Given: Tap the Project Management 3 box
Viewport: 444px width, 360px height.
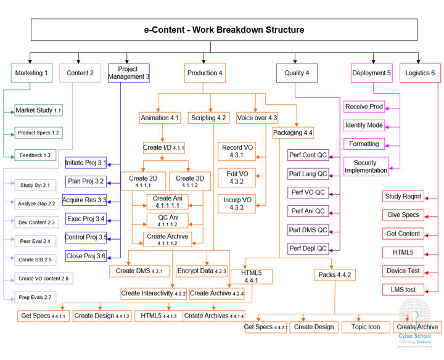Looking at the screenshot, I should click(x=129, y=73).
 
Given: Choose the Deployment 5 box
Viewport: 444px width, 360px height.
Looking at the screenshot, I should click(x=371, y=73).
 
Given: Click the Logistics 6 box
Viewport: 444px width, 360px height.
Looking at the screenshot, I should click(x=420, y=73).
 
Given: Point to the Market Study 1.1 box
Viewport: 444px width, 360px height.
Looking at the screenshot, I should click(x=38, y=110).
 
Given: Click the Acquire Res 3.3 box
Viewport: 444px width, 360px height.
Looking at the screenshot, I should click(x=85, y=200).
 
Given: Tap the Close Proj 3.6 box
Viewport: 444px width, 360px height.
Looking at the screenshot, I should click(x=86, y=256).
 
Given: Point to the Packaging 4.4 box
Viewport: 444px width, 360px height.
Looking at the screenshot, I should click(x=293, y=133).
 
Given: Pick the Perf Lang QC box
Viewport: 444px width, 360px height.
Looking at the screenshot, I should click(x=308, y=174).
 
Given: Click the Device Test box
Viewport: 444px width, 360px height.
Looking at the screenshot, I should click(x=403, y=271).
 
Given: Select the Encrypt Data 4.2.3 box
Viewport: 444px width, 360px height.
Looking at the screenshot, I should click(x=202, y=271).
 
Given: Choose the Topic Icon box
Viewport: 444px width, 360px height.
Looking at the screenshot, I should click(x=365, y=327).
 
